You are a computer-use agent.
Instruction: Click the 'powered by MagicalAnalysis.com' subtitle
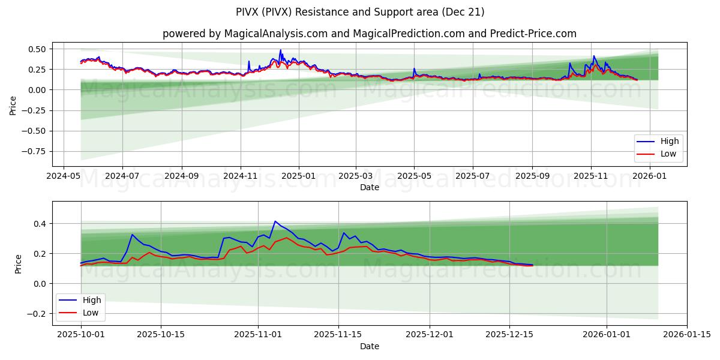(x=369, y=34)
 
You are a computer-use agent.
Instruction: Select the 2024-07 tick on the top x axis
(x=122, y=176)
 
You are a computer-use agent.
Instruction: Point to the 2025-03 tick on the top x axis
(x=356, y=176)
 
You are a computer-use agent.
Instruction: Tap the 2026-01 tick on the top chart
(x=650, y=176)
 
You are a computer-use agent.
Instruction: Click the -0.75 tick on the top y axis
(x=37, y=151)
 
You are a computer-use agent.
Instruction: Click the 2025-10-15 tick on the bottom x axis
(x=161, y=335)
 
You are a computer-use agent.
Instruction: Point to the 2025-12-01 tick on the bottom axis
(x=430, y=335)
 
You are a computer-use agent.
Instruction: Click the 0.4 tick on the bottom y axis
(x=40, y=224)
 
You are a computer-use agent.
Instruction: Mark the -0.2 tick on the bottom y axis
(x=38, y=313)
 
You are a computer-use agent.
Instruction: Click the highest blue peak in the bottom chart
(x=275, y=221)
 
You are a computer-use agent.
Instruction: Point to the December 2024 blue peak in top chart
(x=280, y=50)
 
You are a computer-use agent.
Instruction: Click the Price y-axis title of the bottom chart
(x=18, y=264)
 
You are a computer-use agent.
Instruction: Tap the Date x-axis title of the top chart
(x=369, y=187)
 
